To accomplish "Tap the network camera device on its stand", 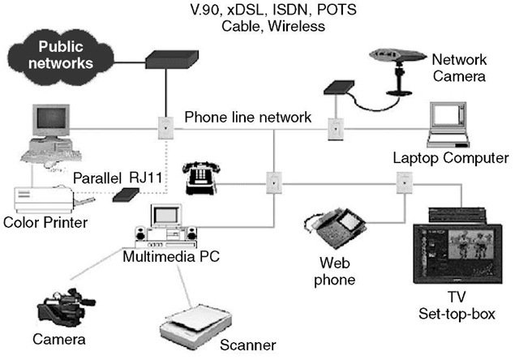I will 400,61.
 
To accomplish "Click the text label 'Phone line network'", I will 247,117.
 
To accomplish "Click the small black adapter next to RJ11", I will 126,195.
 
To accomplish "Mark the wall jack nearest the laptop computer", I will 334,127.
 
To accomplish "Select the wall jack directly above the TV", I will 403,184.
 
